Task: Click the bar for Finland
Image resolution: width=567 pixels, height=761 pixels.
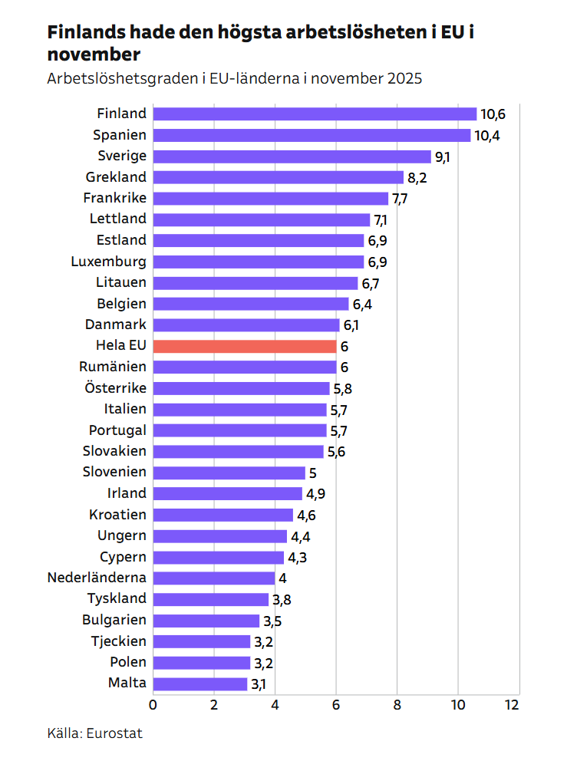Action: [315, 114]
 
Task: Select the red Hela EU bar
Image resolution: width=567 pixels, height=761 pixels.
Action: [244, 346]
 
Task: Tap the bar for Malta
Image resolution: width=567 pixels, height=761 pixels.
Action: [200, 684]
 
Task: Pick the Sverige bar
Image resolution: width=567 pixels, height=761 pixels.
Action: [292, 156]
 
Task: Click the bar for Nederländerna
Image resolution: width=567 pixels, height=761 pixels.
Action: [214, 578]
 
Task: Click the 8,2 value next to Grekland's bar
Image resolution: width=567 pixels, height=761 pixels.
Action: [417, 178]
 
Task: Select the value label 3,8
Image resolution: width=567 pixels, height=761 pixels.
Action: [282, 599]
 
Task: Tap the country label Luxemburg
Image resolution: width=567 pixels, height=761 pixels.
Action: [108, 262]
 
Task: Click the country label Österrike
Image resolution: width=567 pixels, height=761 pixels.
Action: [115, 388]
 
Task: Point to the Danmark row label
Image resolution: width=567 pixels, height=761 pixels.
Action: [116, 324]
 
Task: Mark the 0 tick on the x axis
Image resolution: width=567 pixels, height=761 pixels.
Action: [153, 704]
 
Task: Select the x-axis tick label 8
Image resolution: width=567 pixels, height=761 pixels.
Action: [397, 704]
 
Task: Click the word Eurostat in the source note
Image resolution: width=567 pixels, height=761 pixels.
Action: [115, 733]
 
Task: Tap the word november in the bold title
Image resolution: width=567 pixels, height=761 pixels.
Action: [94, 54]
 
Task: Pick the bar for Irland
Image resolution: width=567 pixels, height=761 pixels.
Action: [228, 493]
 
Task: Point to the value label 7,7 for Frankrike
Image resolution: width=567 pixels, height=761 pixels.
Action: [400, 199]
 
